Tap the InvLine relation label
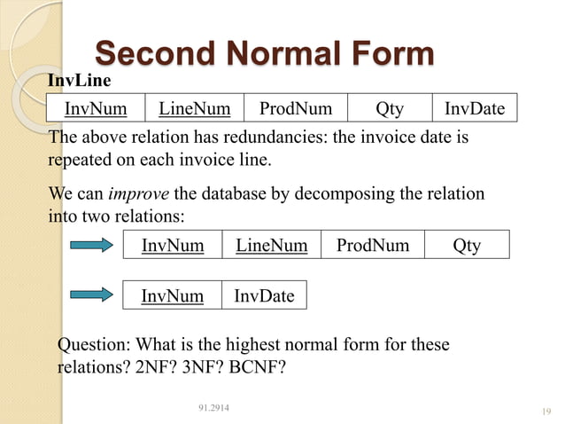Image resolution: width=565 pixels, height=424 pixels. click(x=79, y=81)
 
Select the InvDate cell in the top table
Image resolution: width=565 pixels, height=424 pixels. click(x=474, y=109)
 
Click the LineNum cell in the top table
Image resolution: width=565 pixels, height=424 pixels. click(x=194, y=109)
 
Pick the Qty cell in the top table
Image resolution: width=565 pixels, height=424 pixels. click(x=389, y=109)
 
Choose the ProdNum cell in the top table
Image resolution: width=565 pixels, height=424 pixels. click(x=295, y=109)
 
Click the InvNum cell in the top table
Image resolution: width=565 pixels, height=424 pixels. click(x=95, y=109)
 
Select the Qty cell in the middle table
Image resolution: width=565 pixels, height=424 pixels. click(x=467, y=245)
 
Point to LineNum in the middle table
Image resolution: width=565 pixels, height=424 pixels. click(x=271, y=245)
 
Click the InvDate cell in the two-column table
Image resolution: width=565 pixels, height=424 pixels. click(x=264, y=295)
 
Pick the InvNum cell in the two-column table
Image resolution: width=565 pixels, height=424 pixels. click(x=173, y=295)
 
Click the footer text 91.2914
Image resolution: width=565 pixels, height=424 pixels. click(x=213, y=407)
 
